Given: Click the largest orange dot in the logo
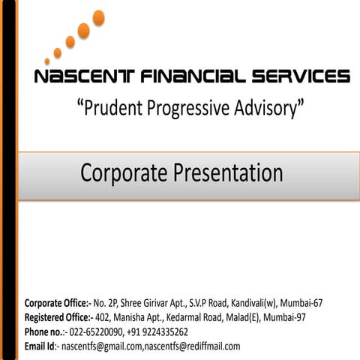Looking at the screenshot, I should [97, 18].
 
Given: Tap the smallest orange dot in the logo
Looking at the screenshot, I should [47, 61].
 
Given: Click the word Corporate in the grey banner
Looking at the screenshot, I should [124, 173].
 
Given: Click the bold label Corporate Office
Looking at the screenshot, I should [57, 304].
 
